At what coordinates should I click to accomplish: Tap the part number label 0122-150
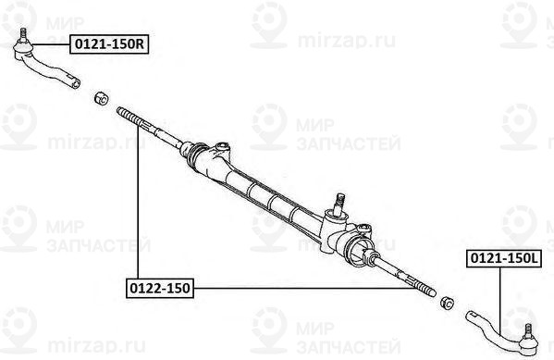158,289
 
